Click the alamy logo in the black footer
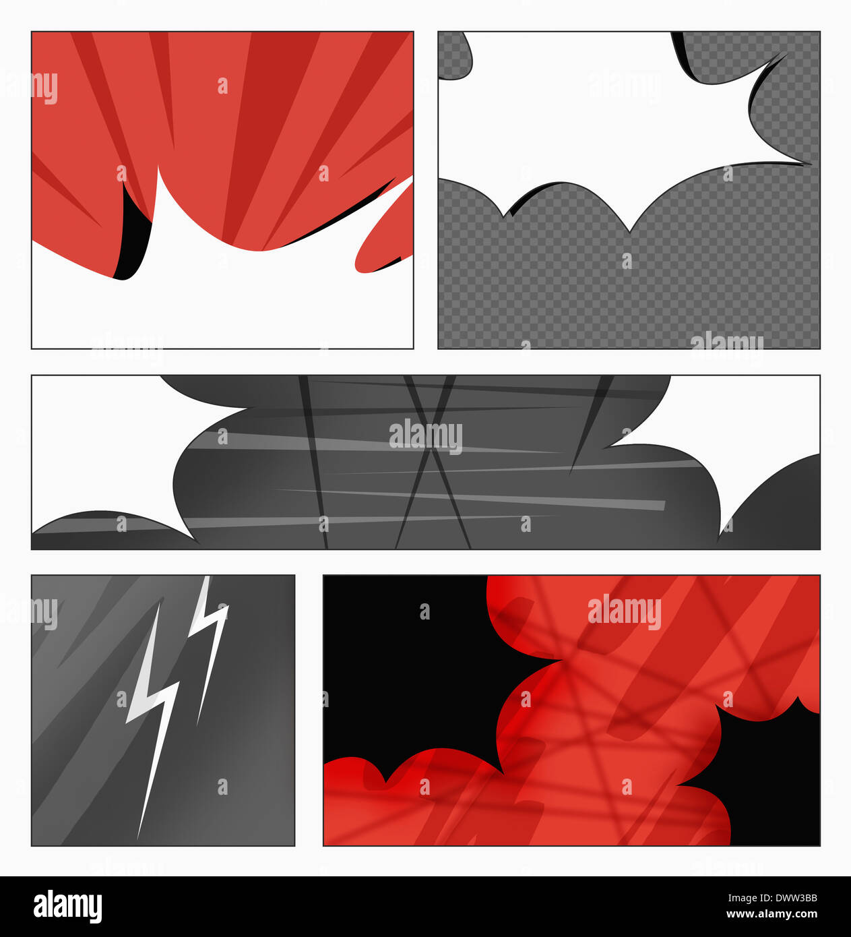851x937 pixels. (x=68, y=906)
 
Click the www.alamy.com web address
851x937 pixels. (x=771, y=914)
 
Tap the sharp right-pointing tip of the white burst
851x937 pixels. (x=811, y=164)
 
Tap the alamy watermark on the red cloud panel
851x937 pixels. (x=625, y=611)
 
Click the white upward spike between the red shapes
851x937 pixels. (x=161, y=196)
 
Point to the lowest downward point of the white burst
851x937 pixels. (x=629, y=232)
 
